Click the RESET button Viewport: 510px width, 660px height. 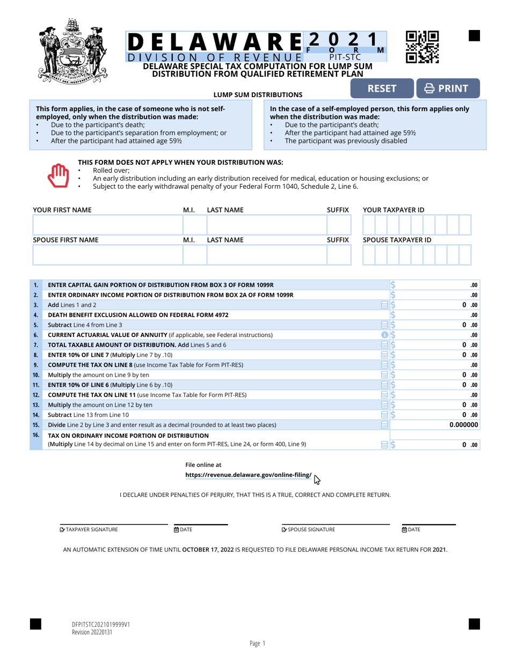382,89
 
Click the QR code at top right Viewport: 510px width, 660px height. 422,47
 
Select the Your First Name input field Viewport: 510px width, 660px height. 107,225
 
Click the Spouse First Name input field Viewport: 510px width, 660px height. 107,255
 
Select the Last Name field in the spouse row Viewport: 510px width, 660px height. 266,255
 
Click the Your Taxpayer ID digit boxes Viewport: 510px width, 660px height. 417,225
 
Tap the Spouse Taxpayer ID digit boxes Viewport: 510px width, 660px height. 417,255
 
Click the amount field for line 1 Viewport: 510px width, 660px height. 438,284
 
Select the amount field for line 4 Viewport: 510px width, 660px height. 438,315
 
